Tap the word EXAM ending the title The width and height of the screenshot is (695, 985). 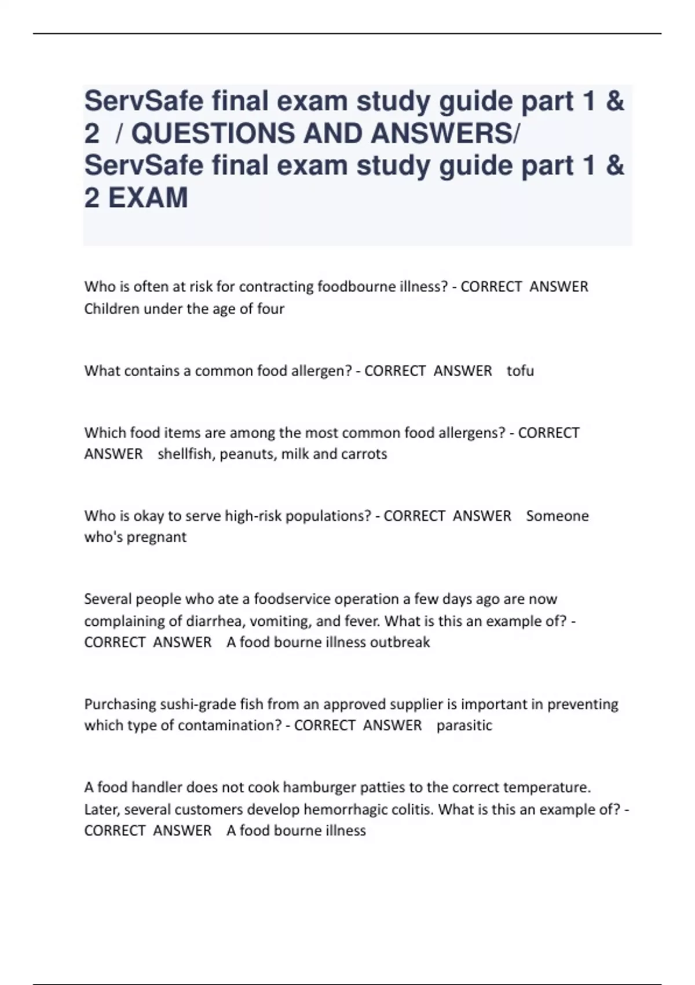tap(148, 198)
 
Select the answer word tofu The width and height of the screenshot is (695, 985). tap(520, 371)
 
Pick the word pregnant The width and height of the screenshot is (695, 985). tap(156, 537)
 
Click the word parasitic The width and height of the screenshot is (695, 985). tap(464, 725)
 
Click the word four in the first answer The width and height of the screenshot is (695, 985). tap(270, 309)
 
